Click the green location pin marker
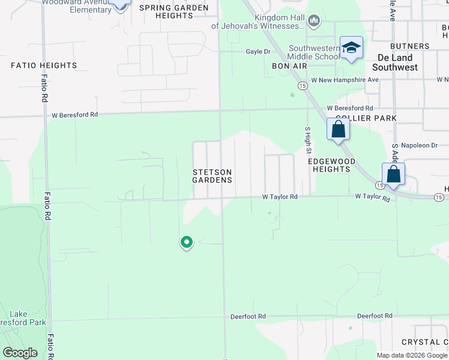[x=187, y=242]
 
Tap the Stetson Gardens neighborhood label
[x=212, y=176]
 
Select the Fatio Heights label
[x=44, y=65]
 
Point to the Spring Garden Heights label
[x=174, y=11]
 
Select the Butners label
[x=409, y=46]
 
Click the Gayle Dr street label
[x=258, y=52]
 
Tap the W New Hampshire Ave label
[x=345, y=80]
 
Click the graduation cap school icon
[x=351, y=48]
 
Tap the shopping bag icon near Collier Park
[x=339, y=129]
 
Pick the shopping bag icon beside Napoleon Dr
[x=393, y=174]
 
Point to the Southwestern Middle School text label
[x=313, y=53]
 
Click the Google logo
[x=20, y=353]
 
